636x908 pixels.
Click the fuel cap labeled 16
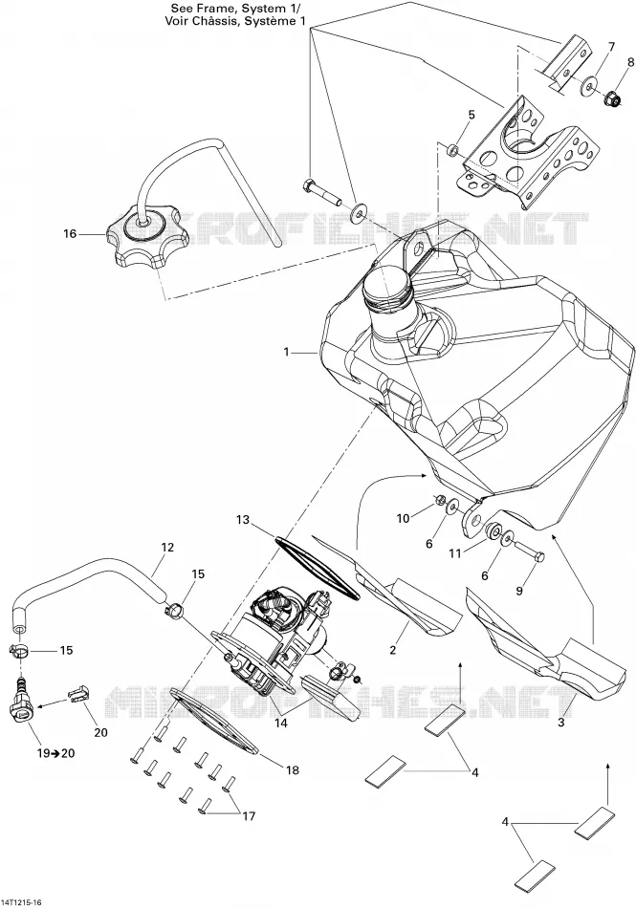(x=147, y=239)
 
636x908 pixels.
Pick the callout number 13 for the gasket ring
(x=242, y=519)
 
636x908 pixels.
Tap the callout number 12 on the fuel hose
(x=167, y=548)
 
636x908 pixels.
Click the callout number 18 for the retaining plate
(x=293, y=769)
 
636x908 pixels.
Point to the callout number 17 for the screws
(x=249, y=816)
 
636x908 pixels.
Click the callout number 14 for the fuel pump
(x=281, y=724)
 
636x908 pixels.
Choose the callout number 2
(x=393, y=650)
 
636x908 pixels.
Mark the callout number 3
(x=560, y=723)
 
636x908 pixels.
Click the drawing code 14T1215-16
(x=24, y=902)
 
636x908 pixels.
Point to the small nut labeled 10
(x=440, y=499)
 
